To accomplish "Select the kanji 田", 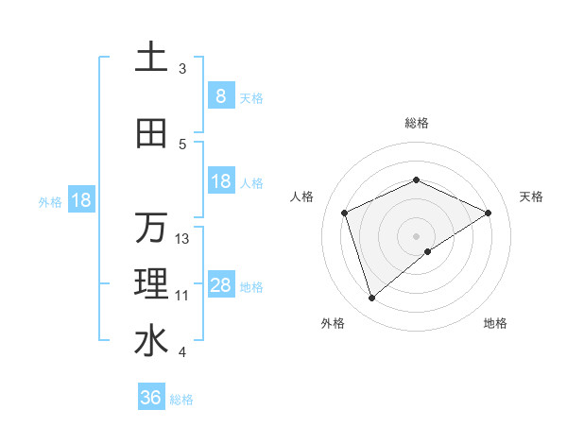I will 151,134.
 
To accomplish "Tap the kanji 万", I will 151,228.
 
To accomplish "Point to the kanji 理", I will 151,284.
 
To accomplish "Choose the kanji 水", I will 151,341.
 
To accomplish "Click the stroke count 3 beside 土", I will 182,69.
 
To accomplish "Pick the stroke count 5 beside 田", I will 182,145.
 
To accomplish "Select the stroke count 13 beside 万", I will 182,239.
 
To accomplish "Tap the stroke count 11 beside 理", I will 182,296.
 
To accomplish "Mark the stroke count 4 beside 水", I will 182,352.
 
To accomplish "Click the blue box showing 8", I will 221,95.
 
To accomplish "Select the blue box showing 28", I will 221,285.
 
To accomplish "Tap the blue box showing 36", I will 151,398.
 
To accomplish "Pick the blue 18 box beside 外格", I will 80,200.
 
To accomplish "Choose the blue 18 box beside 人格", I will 221,181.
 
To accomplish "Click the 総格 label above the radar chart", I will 416,123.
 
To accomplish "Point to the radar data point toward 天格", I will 488,213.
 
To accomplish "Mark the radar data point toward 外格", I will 371,298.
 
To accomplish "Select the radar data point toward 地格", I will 428,251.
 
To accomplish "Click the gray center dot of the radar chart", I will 416,235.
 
